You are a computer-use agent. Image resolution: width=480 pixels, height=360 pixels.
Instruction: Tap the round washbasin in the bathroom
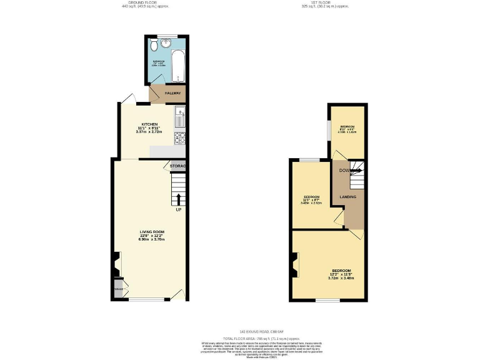165,44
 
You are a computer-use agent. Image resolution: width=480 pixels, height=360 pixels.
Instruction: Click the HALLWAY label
172,94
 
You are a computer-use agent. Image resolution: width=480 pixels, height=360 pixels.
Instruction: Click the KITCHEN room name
149,124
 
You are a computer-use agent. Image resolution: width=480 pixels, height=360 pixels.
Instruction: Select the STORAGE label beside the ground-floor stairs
177,166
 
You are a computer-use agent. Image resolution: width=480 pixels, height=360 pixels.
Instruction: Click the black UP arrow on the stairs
179,199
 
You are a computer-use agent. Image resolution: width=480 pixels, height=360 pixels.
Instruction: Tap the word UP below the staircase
179,209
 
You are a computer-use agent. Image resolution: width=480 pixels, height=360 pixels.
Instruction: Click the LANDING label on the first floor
347,197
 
